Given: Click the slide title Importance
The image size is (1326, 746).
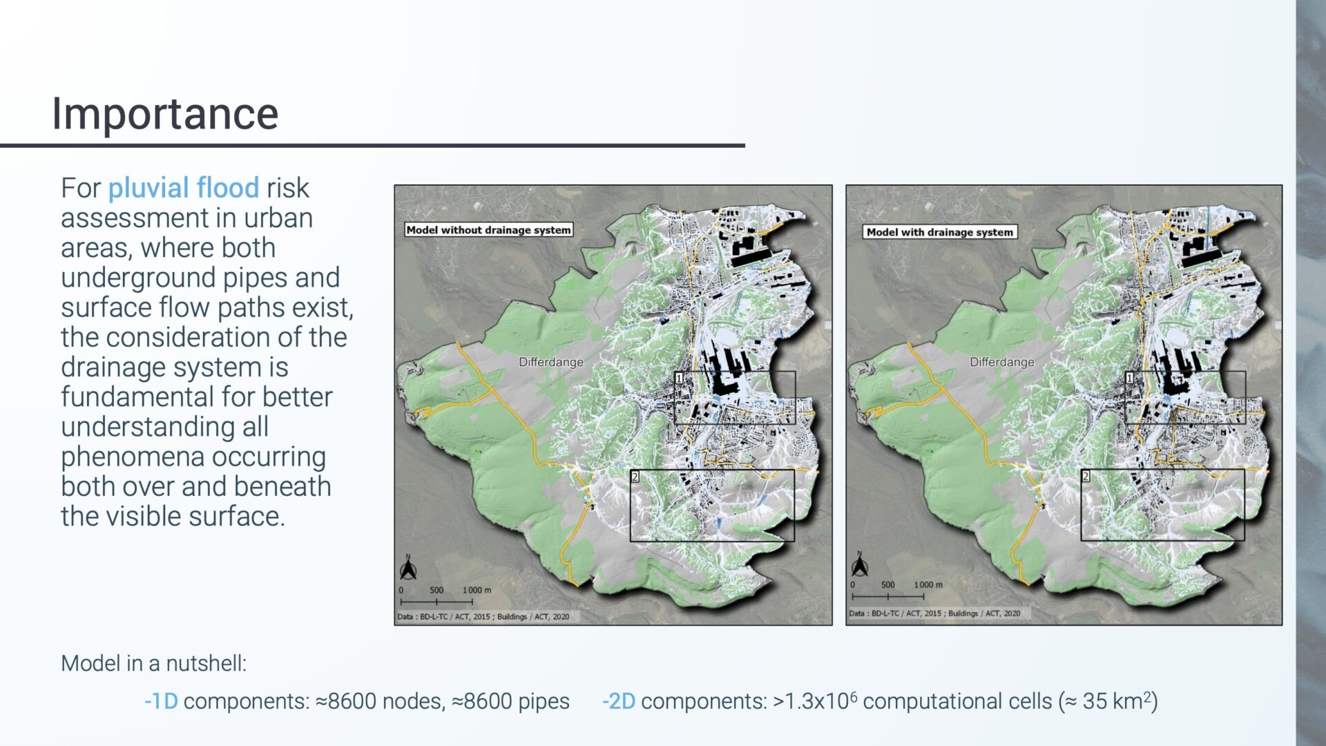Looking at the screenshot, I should coord(165,114).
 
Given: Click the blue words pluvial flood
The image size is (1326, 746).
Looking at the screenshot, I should coord(183,188).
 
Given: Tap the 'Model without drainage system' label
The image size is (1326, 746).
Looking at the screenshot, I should coord(488,230).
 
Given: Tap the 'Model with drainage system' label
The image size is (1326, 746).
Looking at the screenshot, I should coord(939,232).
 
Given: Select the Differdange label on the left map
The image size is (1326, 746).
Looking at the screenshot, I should coord(550,362).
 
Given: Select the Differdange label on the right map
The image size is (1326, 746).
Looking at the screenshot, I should coord(1001,362).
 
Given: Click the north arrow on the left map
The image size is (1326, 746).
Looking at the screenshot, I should coord(408,569).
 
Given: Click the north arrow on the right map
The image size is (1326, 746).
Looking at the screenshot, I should coord(859,566).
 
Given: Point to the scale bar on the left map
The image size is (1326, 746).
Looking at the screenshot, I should coord(436,601).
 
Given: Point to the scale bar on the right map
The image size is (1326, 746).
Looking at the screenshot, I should coord(887,595).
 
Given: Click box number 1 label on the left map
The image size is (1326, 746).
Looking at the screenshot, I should coord(679,379).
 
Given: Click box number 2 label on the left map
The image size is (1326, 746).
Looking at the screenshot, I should coord(635,477).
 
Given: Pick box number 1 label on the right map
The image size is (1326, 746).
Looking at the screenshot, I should coord(1130,379).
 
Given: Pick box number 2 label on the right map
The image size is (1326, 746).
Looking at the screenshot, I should coord(1086,477).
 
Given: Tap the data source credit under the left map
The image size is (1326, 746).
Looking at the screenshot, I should coord(483,617).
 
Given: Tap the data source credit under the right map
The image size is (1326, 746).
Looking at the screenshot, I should coord(934,613).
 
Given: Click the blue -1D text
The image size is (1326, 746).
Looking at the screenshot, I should coord(161,702).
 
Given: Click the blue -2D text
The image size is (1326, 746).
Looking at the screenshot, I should coord(618,702).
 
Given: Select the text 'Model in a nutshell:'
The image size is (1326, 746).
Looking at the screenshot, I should coord(153,664).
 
